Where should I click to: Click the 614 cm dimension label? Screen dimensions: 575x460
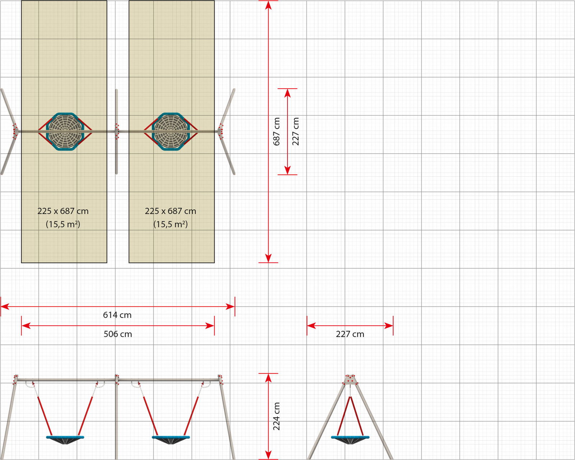coord(117,315)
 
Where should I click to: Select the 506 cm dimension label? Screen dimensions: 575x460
coord(118,334)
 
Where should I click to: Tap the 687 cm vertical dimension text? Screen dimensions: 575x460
coord(276,131)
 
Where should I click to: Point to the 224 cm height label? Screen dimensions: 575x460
coord(276,416)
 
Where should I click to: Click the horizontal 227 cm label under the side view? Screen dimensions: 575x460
coord(350,334)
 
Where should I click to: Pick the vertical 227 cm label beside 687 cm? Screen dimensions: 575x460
coord(295,131)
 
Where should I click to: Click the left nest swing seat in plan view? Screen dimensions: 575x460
coord(65,132)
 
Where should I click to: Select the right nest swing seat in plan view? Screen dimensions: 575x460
coord(171,132)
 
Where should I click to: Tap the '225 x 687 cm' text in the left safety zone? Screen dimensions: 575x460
coord(63,211)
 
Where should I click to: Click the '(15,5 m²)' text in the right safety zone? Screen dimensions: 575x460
coord(170,224)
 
